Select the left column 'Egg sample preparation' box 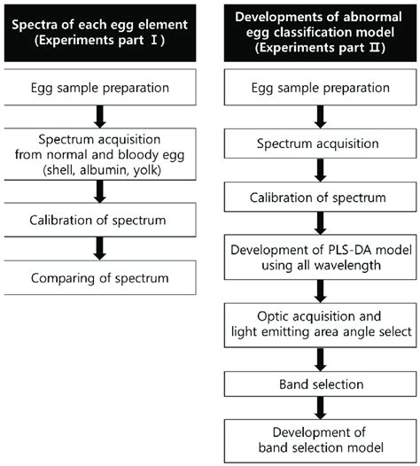(x=107, y=89)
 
